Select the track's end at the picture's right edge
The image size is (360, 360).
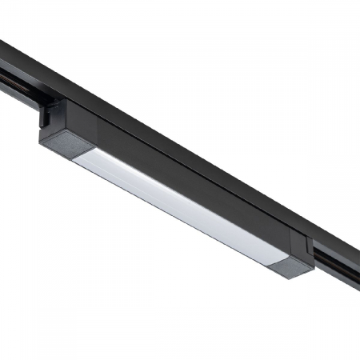click(357, 256)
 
